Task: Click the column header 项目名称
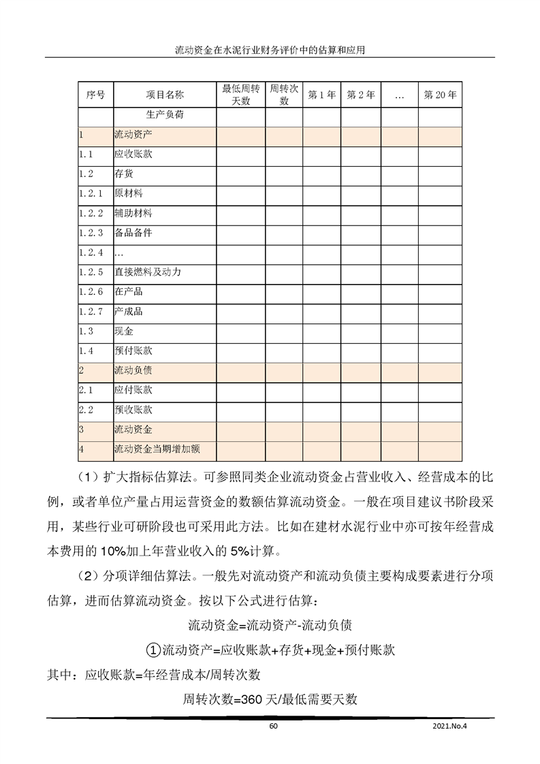pos(165,95)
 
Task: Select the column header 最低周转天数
pos(240,95)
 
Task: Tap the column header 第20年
pos(440,95)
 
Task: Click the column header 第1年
pos(321,95)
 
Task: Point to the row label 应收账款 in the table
pos(133,155)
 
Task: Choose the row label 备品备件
pos(133,233)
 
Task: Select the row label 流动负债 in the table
pos(133,371)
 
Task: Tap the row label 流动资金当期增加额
pos(157,449)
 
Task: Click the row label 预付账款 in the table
pos(133,351)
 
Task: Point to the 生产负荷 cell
pos(165,115)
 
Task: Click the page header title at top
pos(270,50)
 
